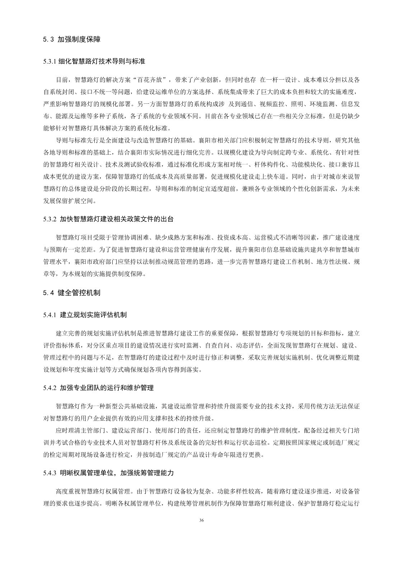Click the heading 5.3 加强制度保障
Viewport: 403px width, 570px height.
point(71,39)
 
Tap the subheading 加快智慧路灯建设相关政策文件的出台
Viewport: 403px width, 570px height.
point(117,219)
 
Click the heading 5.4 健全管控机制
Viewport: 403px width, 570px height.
point(71,293)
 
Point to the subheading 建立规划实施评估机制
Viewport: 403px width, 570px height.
point(93,315)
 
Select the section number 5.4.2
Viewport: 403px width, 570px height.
point(50,388)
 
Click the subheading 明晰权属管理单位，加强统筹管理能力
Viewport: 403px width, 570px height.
point(117,473)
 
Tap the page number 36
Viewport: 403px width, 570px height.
point(201,520)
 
